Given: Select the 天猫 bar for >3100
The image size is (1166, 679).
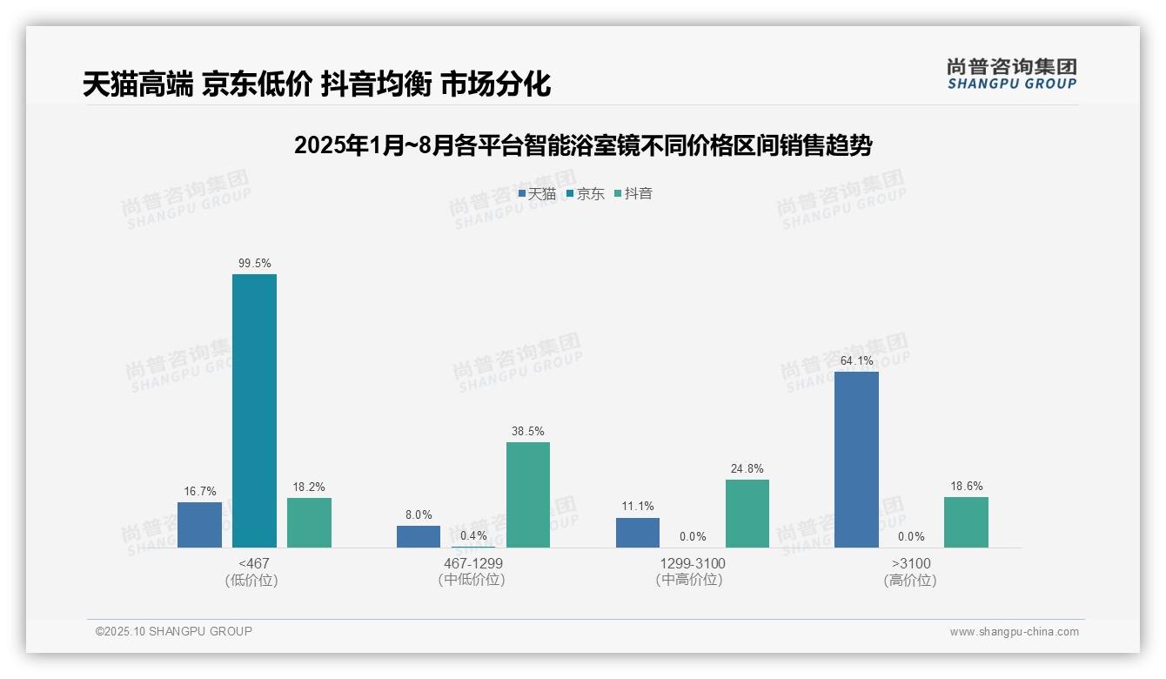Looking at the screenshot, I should [856, 460].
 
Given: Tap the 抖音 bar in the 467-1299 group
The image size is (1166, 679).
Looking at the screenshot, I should [528, 494].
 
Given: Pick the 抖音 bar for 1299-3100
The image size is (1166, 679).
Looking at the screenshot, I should [747, 514].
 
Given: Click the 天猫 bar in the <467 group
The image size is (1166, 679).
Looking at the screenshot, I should [199, 525].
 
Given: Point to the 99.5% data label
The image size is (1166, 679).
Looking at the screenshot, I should [254, 263].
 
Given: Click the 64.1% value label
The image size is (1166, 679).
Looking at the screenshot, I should [856, 360].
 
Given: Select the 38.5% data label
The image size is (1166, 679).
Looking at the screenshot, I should [528, 431].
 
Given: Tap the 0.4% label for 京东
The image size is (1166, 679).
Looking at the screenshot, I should [473, 535].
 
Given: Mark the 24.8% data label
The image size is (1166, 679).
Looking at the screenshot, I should [747, 468].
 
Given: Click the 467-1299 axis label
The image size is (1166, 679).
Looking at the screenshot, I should [473, 563].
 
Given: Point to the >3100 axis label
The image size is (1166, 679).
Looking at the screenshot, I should [910, 563].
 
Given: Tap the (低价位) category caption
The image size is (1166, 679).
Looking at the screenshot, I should [251, 580].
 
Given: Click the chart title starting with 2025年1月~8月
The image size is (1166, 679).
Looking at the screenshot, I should [583, 145].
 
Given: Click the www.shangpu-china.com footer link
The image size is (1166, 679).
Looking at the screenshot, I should [1014, 632].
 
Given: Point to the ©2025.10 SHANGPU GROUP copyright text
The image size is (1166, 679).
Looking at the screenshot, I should [174, 631].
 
